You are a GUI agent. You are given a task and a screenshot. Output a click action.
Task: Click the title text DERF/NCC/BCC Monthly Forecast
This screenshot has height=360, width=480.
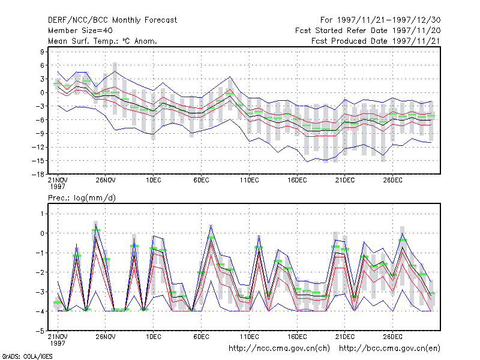112,20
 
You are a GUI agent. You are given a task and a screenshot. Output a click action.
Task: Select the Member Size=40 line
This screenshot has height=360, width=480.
80,31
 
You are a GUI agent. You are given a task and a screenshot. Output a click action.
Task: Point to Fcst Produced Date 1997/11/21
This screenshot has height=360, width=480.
376,41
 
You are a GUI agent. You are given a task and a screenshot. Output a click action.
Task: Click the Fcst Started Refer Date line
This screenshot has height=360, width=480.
368,31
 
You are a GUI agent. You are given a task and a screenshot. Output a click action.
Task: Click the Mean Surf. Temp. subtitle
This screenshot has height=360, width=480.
103,41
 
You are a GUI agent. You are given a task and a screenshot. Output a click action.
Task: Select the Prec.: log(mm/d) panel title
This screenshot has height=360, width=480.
82,198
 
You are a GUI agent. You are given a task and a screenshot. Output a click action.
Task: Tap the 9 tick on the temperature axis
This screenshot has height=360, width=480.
42,52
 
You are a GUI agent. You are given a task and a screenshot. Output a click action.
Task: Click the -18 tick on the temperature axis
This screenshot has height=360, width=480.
38,174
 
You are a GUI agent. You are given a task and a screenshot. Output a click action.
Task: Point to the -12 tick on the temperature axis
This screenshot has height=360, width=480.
38,147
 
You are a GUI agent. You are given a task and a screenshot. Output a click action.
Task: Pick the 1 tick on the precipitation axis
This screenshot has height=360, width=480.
42,214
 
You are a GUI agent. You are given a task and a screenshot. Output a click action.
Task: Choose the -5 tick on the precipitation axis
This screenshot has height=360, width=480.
40,331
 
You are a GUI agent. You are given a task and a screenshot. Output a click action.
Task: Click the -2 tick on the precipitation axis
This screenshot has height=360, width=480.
40,272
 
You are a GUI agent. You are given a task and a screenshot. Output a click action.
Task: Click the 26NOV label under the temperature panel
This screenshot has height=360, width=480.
106,180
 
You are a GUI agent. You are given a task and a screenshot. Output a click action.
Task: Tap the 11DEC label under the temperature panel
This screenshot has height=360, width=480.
249,180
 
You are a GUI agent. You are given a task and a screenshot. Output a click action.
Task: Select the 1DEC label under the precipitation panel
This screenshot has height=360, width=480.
154,337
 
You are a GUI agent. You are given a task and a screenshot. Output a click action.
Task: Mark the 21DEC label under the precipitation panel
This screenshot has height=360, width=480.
345,337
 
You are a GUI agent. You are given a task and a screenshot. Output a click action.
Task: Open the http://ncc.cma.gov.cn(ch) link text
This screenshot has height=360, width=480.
279,349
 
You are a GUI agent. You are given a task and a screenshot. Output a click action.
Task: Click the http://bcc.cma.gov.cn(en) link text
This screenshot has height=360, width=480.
389,349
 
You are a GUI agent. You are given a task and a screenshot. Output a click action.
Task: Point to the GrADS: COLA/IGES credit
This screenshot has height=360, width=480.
28,356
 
